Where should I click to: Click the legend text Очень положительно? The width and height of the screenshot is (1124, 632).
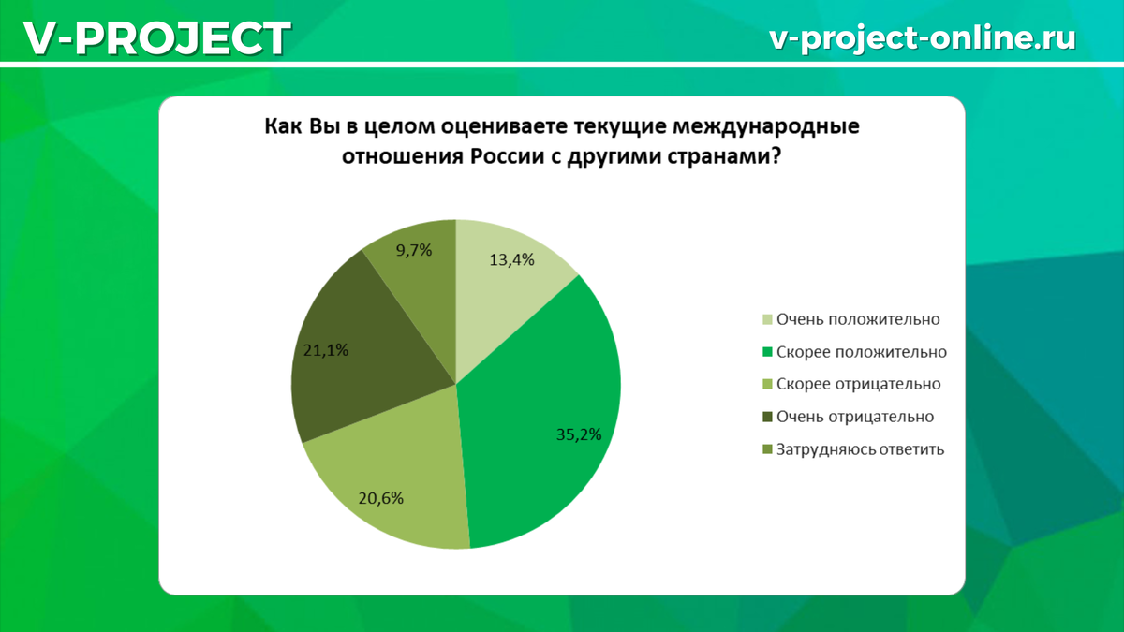coord(858,319)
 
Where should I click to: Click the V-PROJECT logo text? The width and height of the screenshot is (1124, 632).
coord(155,38)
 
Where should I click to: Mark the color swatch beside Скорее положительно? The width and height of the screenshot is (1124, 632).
coord(768,353)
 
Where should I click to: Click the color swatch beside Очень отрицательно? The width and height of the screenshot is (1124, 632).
coord(768,417)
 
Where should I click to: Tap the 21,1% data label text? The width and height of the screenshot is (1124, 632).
coord(327,351)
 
